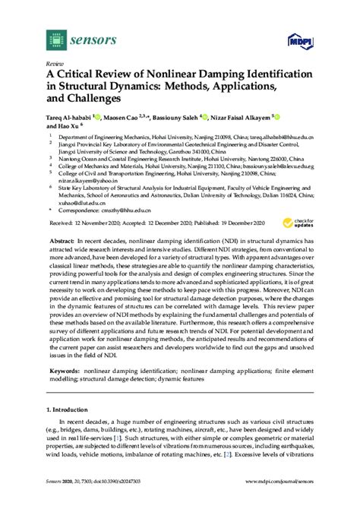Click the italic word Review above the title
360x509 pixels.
[55, 65]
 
